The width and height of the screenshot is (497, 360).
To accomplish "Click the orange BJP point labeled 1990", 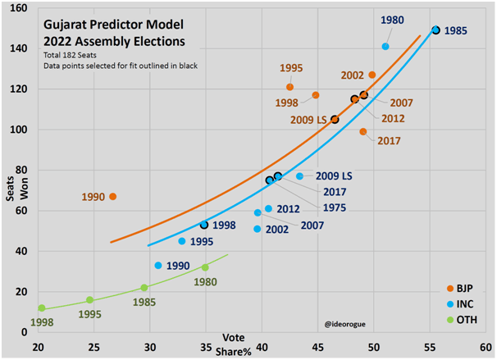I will click(x=113, y=197).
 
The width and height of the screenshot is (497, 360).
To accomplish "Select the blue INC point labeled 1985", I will click(x=436, y=30).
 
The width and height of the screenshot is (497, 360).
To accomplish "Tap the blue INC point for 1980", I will click(x=385, y=47).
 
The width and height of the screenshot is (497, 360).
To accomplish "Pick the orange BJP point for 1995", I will click(x=290, y=87).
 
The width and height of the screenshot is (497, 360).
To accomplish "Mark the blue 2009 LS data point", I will click(x=299, y=176).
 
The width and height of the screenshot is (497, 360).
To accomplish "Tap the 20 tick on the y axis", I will click(x=22, y=292).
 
